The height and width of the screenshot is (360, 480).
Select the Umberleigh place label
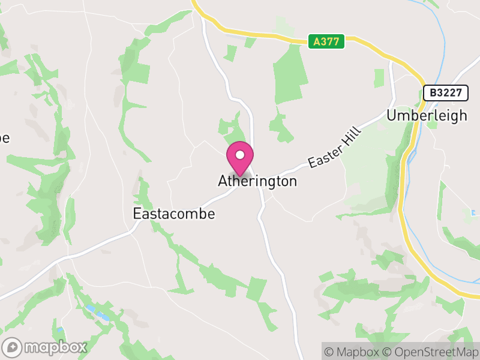point(427,115)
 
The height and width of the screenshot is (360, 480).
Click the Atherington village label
point(257,181)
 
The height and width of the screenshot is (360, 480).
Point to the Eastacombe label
point(173,214)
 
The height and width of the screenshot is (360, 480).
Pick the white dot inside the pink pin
point(240,155)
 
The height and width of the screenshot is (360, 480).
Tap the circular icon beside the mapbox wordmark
point(13,347)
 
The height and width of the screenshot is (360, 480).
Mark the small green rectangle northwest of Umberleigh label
point(379,78)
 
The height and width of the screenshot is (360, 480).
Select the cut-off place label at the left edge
point(4,138)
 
